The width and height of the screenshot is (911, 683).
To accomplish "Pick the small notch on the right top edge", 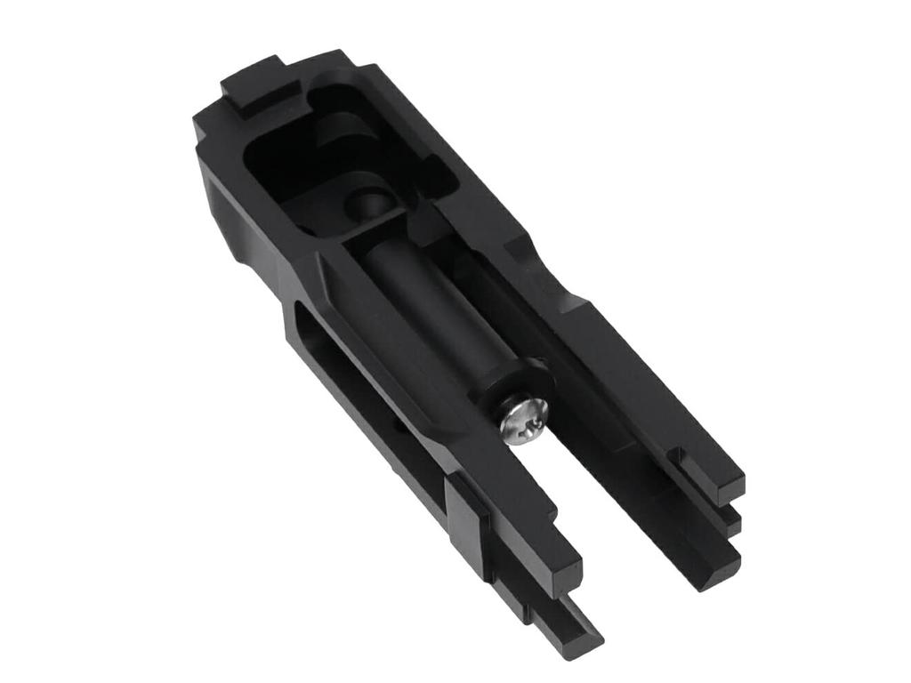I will (516, 245).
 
